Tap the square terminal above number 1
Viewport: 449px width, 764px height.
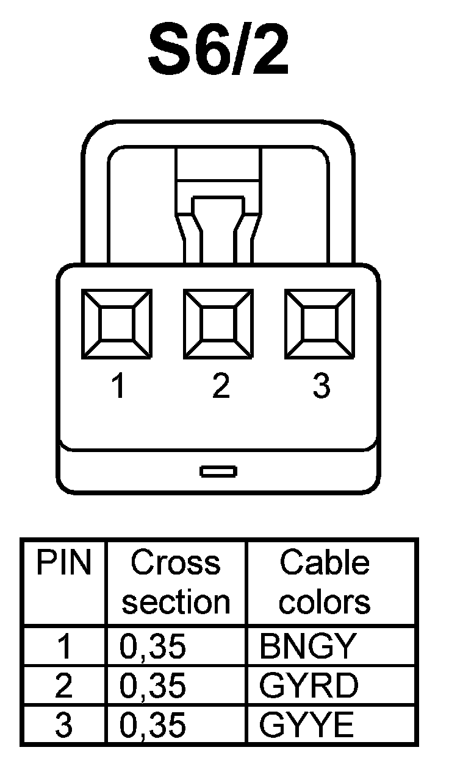tap(117, 324)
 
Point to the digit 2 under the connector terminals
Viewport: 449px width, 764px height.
tap(220, 386)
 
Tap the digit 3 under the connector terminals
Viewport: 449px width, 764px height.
tap(321, 386)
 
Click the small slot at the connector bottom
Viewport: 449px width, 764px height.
tap(218, 471)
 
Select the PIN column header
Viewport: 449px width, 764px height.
tap(63, 564)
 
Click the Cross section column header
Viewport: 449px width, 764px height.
tap(176, 582)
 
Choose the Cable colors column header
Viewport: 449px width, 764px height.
tap(325, 582)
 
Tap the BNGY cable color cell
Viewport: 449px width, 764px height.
tap(306, 646)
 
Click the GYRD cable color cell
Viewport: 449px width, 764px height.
tap(309, 687)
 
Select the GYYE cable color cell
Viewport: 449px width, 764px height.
tap(306, 726)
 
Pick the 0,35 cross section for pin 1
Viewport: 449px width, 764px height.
tap(153, 646)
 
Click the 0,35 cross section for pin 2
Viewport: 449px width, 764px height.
tap(153, 687)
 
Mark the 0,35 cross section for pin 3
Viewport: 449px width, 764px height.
tap(153, 726)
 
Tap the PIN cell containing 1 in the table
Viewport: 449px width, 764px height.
tap(63, 646)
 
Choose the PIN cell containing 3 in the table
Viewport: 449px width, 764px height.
tap(63, 726)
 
